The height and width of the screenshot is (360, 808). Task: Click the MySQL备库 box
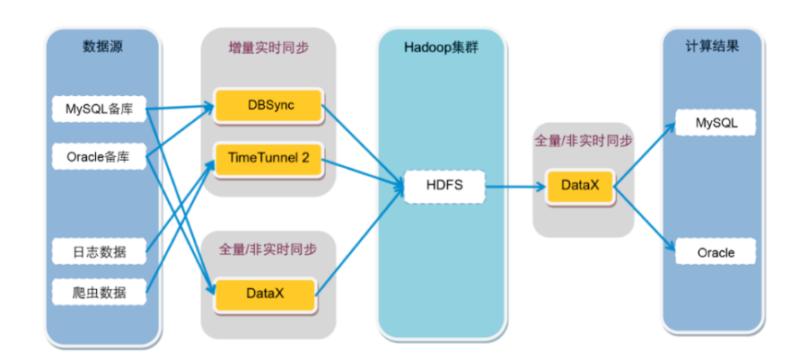point(99,110)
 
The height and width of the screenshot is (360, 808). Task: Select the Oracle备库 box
point(99,156)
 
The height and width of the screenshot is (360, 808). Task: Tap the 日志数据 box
point(99,252)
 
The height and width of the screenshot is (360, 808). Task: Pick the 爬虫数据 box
point(99,293)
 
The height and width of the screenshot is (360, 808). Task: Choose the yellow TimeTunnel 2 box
point(268,158)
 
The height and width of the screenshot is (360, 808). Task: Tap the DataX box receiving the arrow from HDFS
point(584,187)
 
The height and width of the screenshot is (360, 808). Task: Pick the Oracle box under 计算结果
point(716,252)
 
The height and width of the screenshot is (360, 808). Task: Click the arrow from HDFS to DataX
point(516,188)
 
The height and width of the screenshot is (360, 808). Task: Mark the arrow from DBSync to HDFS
point(359,144)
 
